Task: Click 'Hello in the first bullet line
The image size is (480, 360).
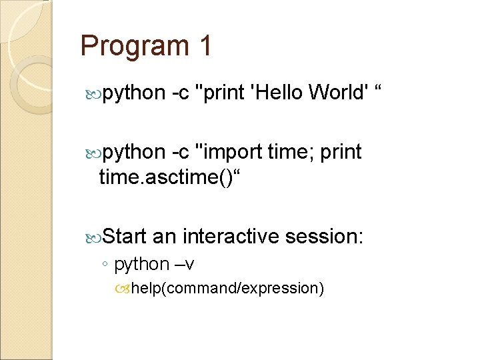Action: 275,93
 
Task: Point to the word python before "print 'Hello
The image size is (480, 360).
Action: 131,93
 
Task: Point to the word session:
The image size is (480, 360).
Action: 324,236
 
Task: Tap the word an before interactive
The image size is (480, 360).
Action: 164,236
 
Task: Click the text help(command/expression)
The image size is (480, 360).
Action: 227,288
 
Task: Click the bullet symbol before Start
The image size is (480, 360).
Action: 93,237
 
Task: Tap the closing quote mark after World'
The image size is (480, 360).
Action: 381,89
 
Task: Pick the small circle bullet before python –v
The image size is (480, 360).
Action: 106,265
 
